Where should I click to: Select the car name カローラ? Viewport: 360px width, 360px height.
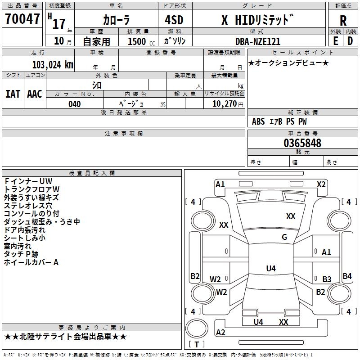tap(116, 20)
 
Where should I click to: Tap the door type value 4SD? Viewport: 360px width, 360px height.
tap(175, 20)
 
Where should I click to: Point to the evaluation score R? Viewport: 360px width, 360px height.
tap(343, 20)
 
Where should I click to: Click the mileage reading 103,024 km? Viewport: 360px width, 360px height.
tap(53, 64)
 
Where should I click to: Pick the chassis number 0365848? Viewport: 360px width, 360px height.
tap(302, 144)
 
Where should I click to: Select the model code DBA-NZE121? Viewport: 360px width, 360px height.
tap(257, 41)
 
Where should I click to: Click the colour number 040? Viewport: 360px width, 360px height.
tap(74, 104)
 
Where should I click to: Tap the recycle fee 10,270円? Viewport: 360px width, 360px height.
tap(224, 104)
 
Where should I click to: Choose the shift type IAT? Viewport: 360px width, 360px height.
tap(13, 94)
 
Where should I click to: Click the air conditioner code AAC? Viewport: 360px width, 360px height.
tap(35, 94)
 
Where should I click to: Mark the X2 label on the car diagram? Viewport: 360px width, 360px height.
tap(321, 184)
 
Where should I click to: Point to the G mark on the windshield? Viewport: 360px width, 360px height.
tap(284, 237)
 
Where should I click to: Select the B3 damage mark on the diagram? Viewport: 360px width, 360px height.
tap(327, 279)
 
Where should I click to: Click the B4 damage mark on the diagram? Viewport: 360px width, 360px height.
tap(347, 276)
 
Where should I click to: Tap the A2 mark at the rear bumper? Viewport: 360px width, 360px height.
tap(220, 333)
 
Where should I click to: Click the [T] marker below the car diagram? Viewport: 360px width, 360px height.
tap(196, 345)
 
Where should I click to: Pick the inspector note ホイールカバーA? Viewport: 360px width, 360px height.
tap(31, 262)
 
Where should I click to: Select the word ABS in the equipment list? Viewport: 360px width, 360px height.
tap(258, 121)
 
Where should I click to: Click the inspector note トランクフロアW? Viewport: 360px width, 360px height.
tap(31, 189)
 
